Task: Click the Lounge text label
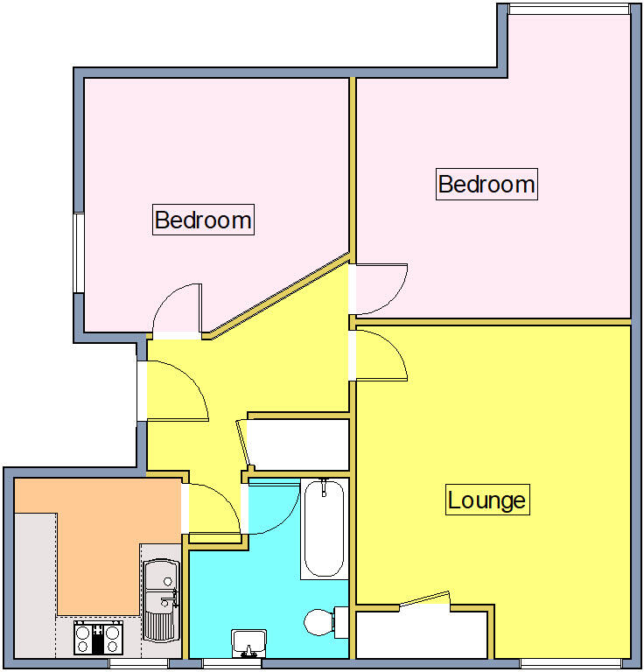click(486, 500)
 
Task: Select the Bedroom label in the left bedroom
click(203, 219)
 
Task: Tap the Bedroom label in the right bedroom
click(486, 185)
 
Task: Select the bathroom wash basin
click(249, 641)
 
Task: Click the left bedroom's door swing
click(178, 310)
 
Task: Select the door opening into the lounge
click(381, 355)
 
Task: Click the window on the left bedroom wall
click(78, 252)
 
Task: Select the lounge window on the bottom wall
click(571, 663)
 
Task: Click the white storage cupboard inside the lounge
click(422, 634)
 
